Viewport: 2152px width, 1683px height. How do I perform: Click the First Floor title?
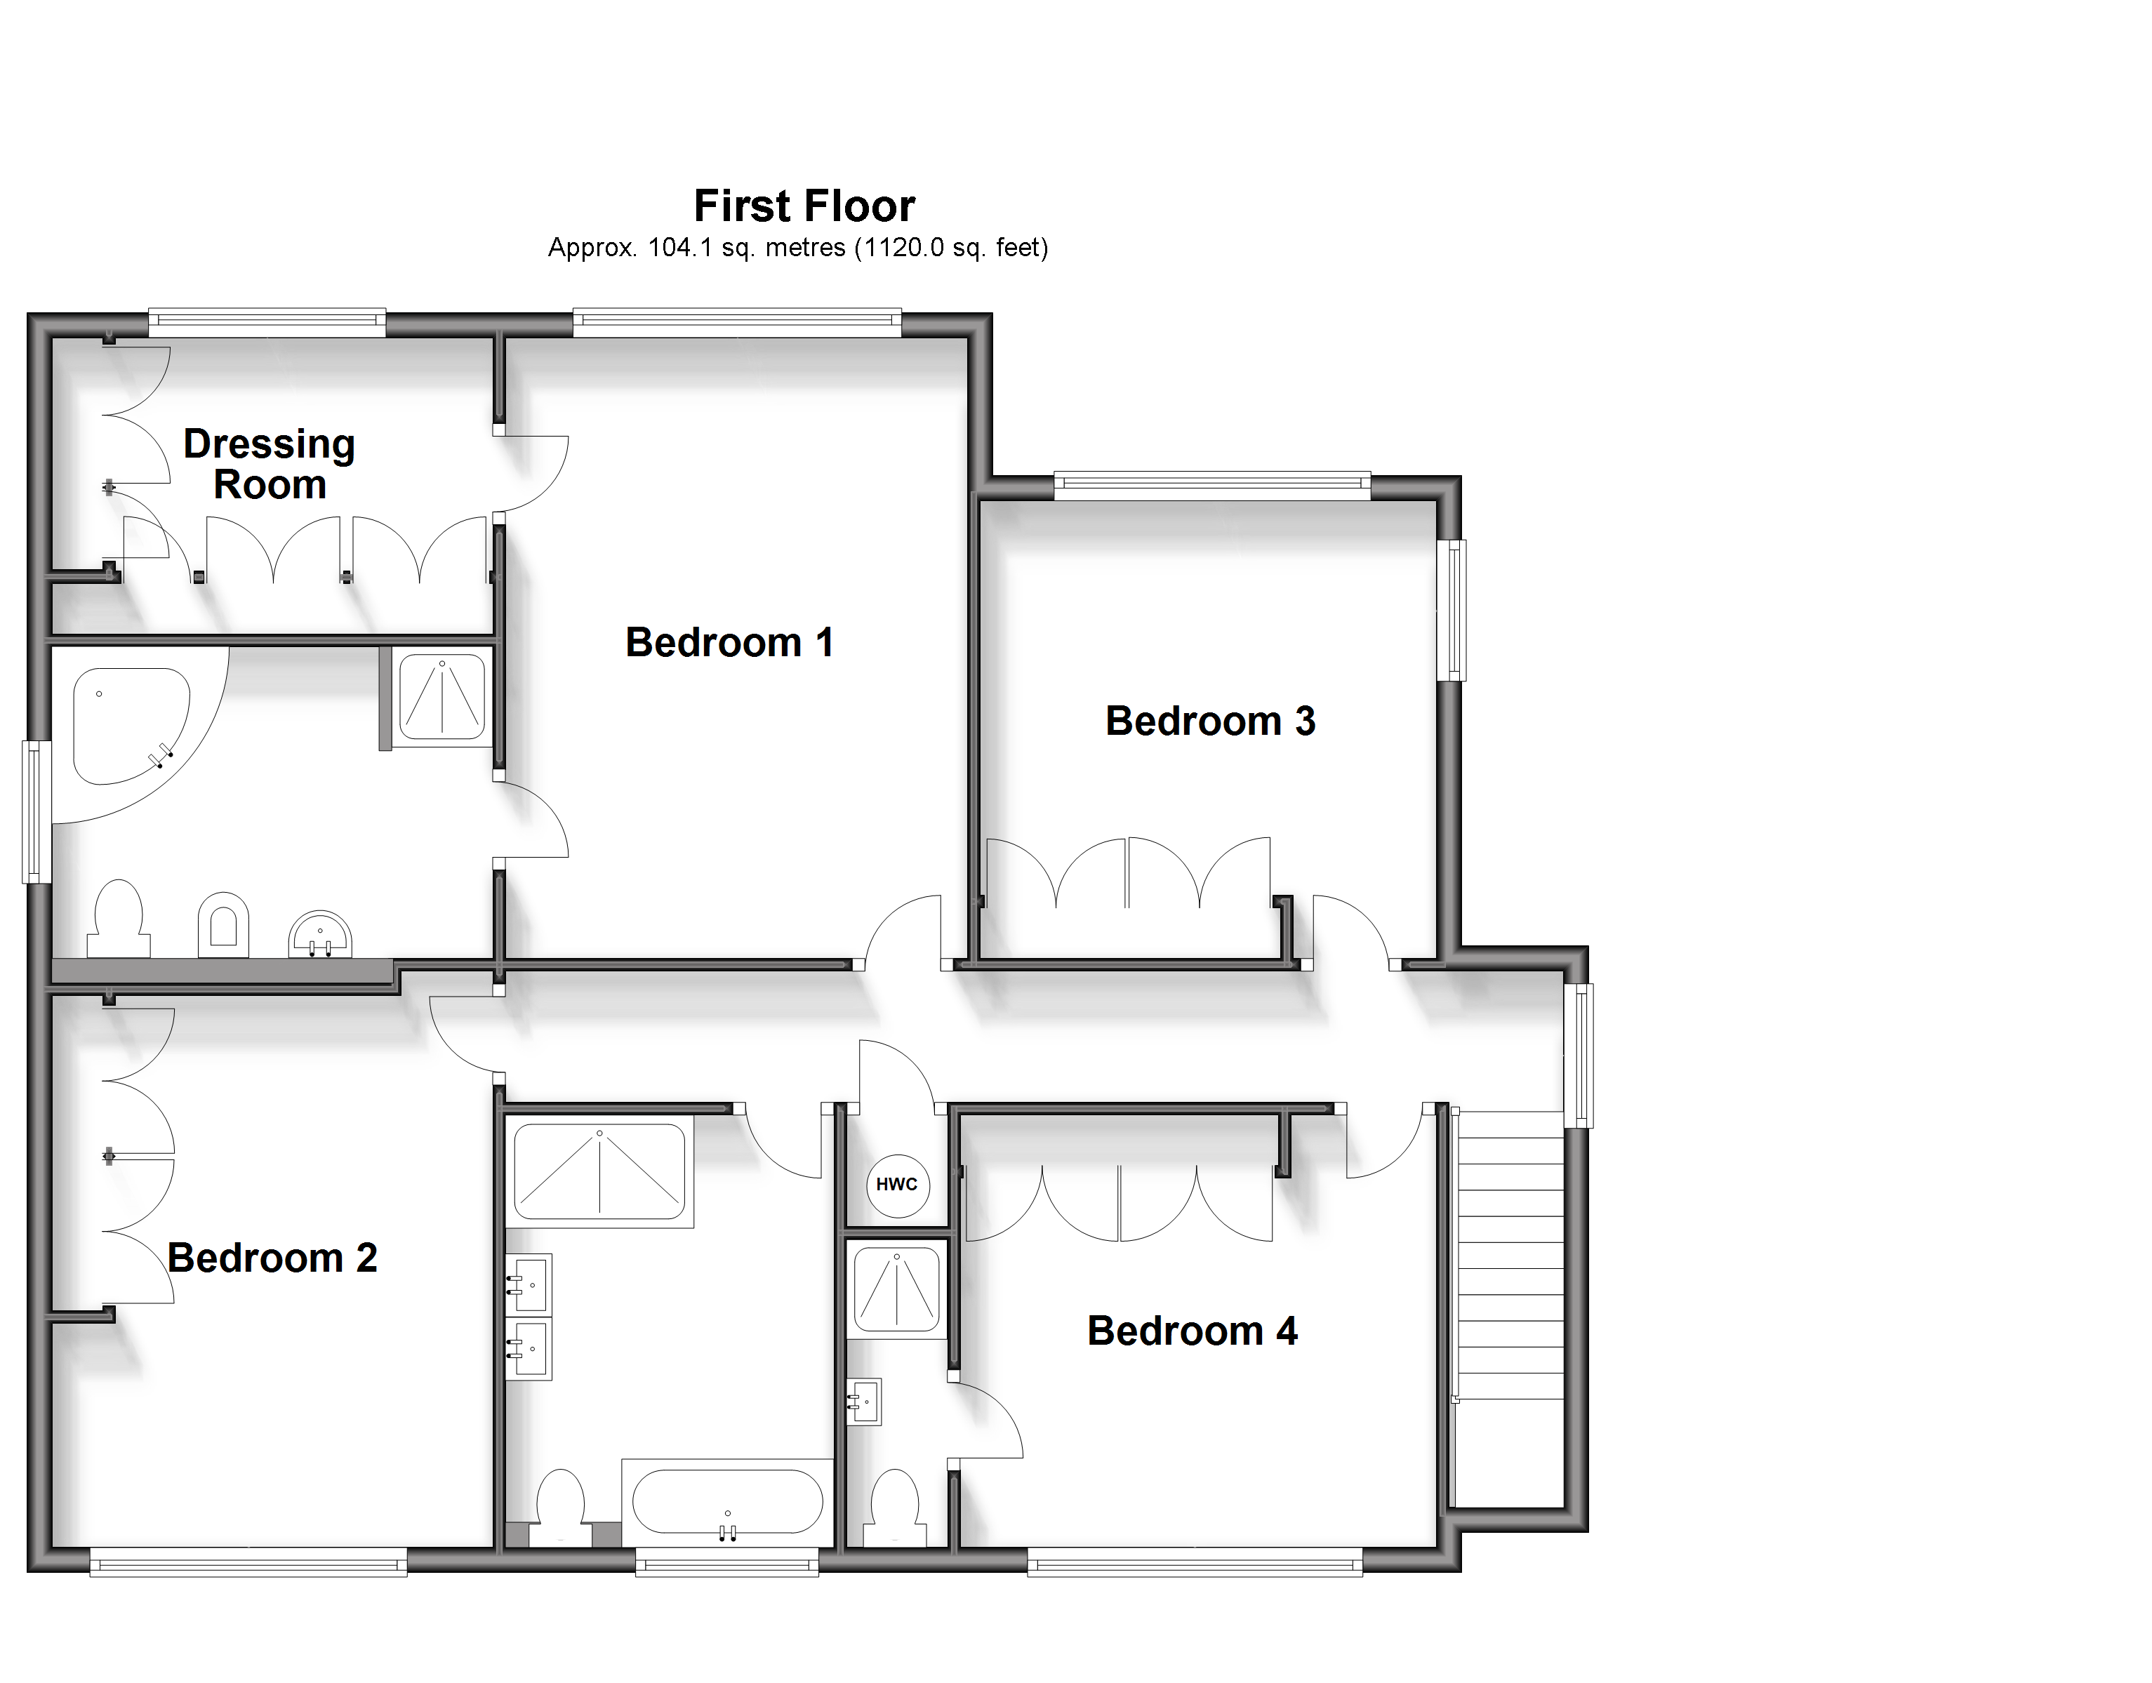coord(804,206)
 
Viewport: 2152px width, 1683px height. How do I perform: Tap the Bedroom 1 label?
coord(729,642)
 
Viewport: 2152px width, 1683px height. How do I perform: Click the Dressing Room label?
coord(269,464)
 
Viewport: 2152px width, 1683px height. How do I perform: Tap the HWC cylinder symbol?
coord(897,1185)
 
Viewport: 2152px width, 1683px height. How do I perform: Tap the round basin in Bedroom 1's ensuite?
coord(320,933)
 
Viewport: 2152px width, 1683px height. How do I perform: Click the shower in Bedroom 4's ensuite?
coord(897,1289)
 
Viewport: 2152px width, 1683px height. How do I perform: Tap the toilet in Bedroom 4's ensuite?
coord(895,1508)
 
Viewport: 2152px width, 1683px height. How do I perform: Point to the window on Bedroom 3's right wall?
coord(1452,610)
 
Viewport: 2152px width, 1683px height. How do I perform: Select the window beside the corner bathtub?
coord(36,812)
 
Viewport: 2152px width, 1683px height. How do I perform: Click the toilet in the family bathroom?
coord(561,1508)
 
